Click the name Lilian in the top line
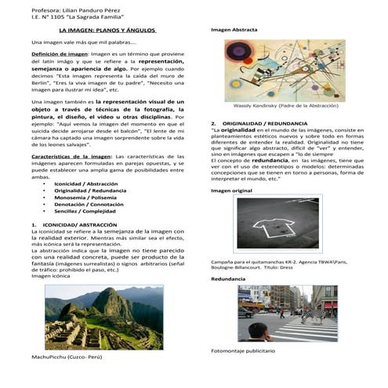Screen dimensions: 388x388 [x=64, y=7]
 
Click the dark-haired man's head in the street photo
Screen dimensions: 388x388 [x=259, y=330]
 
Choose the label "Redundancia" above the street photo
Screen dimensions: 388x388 [x=228, y=278]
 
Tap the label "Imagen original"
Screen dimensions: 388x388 [x=231, y=190]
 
